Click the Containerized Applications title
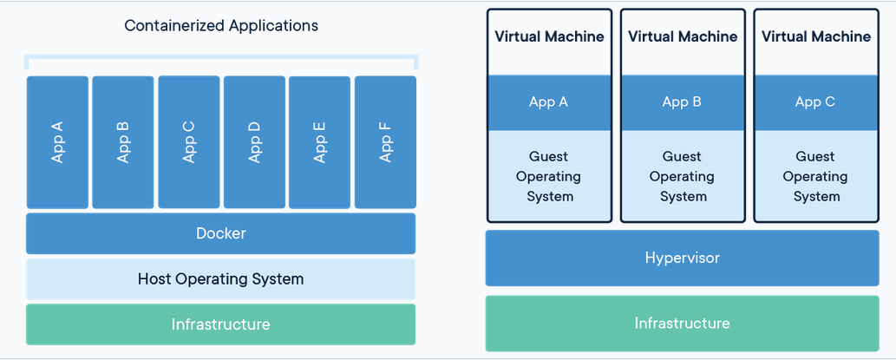tap(221, 26)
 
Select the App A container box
tap(58, 142)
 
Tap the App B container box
tap(123, 142)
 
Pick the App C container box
tap(188, 142)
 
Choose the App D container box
tap(254, 142)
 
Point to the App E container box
tap(319, 142)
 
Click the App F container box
tap(385, 142)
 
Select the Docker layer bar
tap(220, 233)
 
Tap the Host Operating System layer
tap(220, 278)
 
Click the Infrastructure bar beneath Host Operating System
tap(220, 324)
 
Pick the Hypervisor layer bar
tap(683, 258)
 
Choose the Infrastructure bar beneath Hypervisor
tap(683, 324)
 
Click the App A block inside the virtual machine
tap(548, 102)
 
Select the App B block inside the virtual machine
tap(682, 102)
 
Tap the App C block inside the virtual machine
tap(815, 102)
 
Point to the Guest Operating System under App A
tap(548, 176)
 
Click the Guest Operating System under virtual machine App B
tap(682, 176)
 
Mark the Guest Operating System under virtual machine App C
tap(815, 176)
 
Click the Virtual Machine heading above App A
tap(549, 36)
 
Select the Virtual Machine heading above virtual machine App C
tap(816, 36)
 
